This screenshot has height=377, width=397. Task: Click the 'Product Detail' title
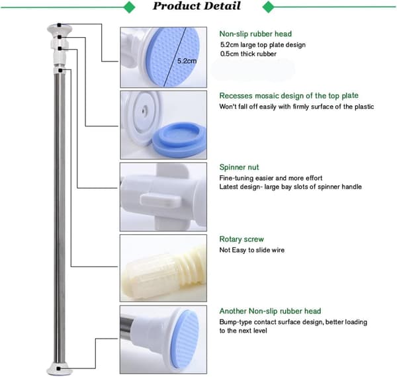tap(197, 6)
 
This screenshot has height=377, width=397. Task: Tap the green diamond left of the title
tap(130, 7)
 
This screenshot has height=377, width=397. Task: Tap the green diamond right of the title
tap(269, 7)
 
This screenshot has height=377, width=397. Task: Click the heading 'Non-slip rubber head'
tap(255, 34)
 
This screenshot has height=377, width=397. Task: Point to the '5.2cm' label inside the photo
tap(187, 61)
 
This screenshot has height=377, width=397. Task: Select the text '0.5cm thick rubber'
tap(248, 54)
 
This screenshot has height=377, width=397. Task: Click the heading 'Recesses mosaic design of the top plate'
tap(289, 96)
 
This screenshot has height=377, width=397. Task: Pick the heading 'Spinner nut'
tap(239, 167)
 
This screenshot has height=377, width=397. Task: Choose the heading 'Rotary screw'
tap(242, 239)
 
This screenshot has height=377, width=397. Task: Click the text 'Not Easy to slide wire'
tap(252, 250)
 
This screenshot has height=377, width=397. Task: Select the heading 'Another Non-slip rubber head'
tap(270, 311)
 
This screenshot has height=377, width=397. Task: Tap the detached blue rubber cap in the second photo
tap(179, 140)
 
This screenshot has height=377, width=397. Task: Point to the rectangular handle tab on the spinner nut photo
tap(161, 200)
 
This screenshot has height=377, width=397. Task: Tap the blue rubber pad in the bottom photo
tap(186, 339)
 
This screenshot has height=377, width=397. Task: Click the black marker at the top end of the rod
tap(59, 25)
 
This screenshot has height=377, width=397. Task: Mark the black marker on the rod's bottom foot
tap(58, 368)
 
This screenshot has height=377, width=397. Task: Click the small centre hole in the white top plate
tap(144, 110)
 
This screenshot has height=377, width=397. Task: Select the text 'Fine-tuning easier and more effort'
tap(271, 178)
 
